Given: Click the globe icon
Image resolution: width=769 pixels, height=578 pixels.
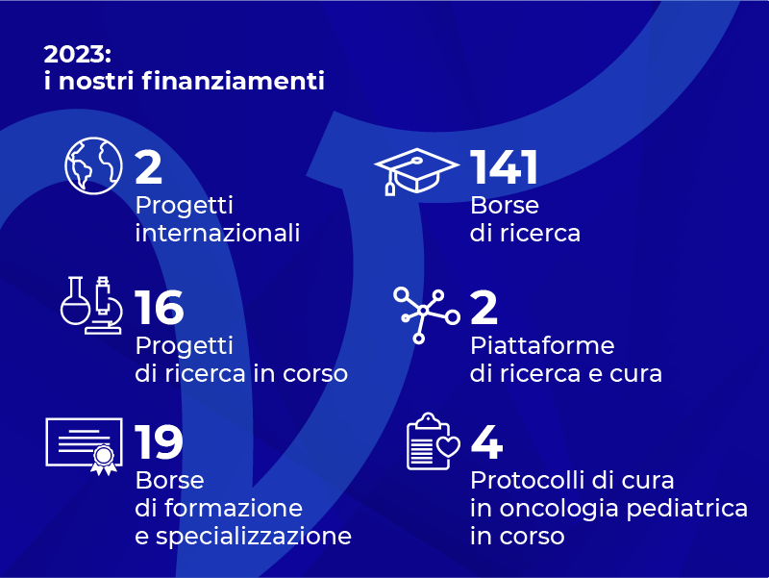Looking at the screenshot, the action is [93, 165].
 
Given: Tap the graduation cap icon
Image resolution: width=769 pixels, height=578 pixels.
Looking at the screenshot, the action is [416, 171].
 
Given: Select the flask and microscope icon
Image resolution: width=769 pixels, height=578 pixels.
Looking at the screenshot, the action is [91, 305].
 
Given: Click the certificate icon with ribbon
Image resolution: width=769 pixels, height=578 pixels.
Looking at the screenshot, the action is [84, 446].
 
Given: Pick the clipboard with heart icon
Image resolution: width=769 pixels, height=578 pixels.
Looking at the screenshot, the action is [434, 441].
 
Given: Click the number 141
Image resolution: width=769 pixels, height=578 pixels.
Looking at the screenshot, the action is [504, 167].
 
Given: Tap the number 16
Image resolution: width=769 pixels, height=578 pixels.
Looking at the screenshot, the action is [160, 308].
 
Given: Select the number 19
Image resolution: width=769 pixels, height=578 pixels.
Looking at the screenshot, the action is [159, 442].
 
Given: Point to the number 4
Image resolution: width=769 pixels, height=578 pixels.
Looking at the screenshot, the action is [486, 442].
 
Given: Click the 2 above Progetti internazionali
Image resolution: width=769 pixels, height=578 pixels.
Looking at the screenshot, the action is [149, 167].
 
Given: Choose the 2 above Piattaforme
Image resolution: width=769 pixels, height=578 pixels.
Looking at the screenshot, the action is [484, 308].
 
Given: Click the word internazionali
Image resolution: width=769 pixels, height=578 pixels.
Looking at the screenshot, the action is [217, 233].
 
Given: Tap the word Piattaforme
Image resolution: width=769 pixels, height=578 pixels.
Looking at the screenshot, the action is [542, 345].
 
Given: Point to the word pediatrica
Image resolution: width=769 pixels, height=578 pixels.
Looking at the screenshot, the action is [687, 510].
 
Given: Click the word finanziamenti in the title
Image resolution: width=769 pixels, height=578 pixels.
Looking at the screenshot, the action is [234, 81].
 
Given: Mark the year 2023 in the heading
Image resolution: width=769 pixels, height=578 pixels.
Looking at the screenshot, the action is [75, 54].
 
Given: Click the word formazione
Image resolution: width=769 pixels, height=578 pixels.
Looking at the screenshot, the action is [234, 508].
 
